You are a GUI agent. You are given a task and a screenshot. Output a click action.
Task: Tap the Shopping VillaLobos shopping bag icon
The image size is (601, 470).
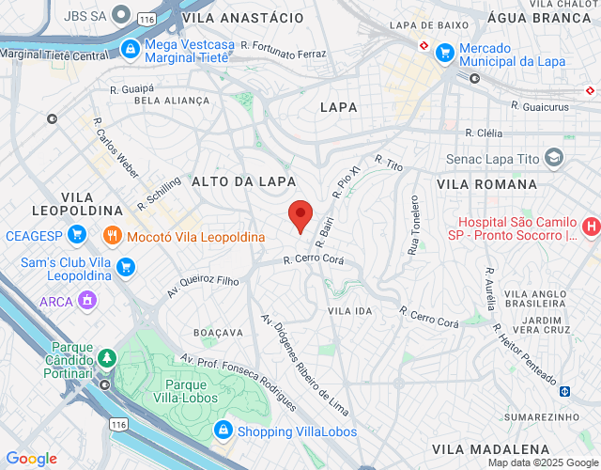223,431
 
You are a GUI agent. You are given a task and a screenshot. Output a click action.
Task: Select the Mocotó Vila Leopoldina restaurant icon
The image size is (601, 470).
113,236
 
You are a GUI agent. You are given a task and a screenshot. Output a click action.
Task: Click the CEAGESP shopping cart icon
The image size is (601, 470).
78,234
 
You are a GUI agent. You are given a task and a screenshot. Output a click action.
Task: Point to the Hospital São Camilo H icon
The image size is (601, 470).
591,226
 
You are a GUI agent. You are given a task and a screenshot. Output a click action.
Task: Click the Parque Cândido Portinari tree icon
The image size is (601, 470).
108,357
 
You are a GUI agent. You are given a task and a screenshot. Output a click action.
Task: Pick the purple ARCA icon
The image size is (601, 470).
87,301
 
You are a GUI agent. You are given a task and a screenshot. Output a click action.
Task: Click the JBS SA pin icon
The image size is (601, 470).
120,15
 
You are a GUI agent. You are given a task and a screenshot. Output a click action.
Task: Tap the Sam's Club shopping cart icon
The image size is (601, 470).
125,269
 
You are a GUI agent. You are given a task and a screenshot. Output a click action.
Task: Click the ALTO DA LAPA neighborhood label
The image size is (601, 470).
244,180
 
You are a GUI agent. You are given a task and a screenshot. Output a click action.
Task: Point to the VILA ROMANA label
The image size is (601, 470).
492,184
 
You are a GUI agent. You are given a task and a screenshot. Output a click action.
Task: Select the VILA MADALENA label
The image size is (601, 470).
491,449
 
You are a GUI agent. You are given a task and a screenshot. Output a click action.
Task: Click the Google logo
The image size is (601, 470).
31,458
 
